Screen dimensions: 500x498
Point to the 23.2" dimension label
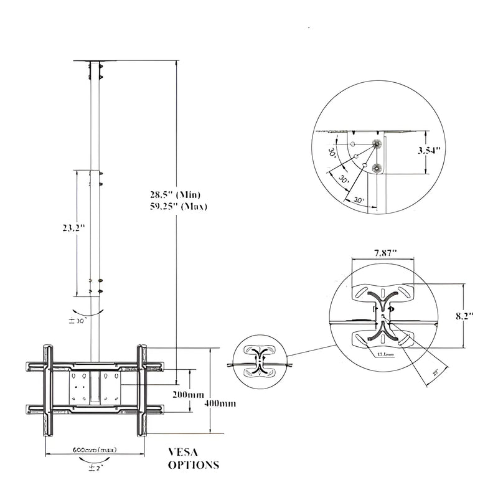[x=73, y=228]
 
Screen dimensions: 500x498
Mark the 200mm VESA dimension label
[x=189, y=395]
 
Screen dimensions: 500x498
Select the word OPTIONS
[x=194, y=465]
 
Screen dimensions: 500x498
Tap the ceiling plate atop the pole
[x=96, y=61]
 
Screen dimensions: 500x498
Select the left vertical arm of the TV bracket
[x=48, y=390]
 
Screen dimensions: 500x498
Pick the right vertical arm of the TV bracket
[x=141, y=390]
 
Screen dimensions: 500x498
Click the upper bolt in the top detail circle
[x=376, y=144]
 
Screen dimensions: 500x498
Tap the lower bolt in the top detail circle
[x=376, y=167]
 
